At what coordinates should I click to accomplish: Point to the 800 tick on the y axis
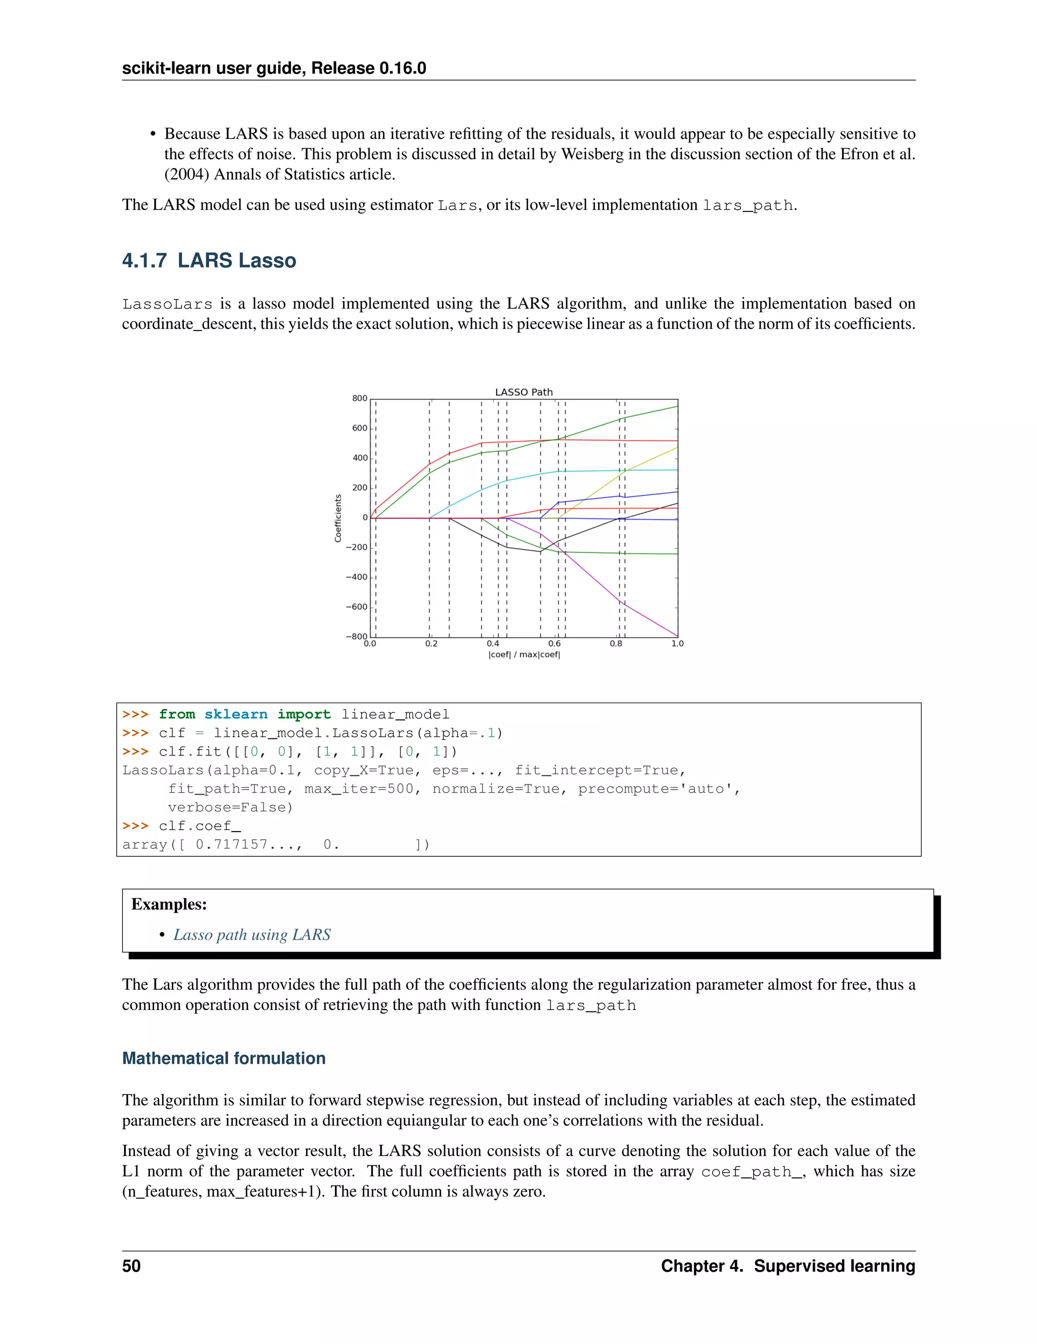pyautogui.click(x=360, y=398)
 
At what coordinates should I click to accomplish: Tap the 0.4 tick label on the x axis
pyautogui.click(x=493, y=643)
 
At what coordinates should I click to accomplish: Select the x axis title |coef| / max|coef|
pyautogui.click(x=524, y=654)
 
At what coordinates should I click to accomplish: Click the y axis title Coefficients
pyautogui.click(x=338, y=518)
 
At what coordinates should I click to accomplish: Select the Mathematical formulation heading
pyautogui.click(x=224, y=1058)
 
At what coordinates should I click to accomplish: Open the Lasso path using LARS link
pyautogui.click(x=251, y=935)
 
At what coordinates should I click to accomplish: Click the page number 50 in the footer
pyautogui.click(x=131, y=1265)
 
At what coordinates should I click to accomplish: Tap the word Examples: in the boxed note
pyautogui.click(x=169, y=904)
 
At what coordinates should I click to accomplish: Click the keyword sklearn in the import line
pyautogui.click(x=236, y=714)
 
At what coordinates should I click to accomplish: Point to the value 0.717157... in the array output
pyautogui.click(x=248, y=844)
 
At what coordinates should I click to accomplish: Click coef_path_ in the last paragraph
pyautogui.click(x=752, y=1171)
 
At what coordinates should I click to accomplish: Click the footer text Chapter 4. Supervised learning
pyautogui.click(x=788, y=1265)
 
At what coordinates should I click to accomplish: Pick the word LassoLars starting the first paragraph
pyautogui.click(x=167, y=304)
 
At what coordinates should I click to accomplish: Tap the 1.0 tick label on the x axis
pyautogui.click(x=677, y=643)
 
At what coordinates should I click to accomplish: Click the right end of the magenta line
pyautogui.click(x=677, y=636)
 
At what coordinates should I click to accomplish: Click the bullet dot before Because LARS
pyautogui.click(x=153, y=134)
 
